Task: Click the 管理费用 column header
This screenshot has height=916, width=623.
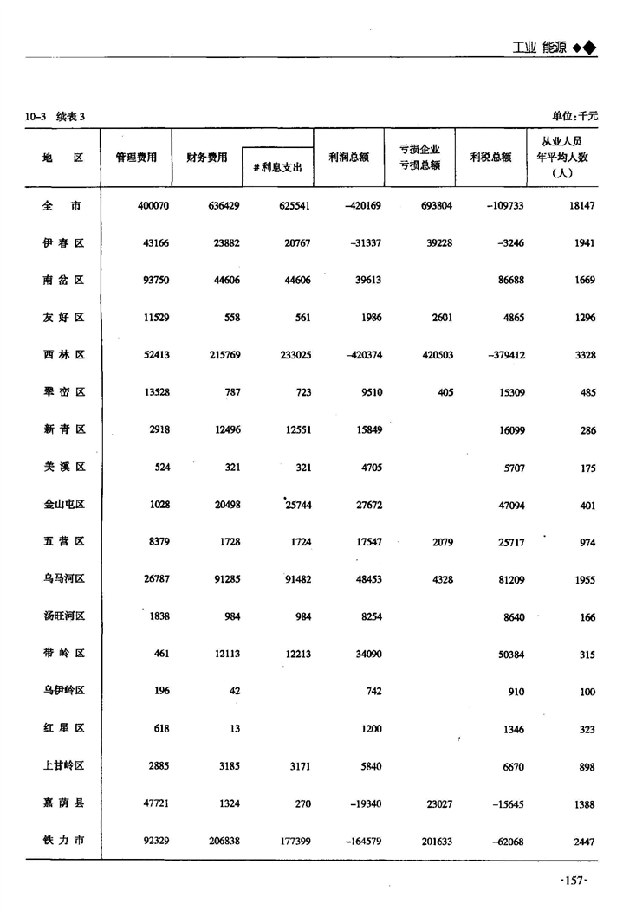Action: (136, 158)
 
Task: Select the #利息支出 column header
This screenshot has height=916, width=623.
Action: (277, 168)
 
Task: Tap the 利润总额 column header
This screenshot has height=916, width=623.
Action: (349, 158)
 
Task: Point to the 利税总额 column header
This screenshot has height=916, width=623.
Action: (490, 158)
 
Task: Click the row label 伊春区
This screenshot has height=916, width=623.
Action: (63, 243)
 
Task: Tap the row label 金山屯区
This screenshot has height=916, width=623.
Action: (63, 505)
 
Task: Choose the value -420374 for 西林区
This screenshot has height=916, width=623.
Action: (361, 355)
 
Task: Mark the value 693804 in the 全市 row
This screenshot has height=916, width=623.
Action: (433, 206)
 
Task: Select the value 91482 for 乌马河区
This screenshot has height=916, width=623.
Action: (293, 579)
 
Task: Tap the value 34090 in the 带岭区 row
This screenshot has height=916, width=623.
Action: (365, 655)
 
